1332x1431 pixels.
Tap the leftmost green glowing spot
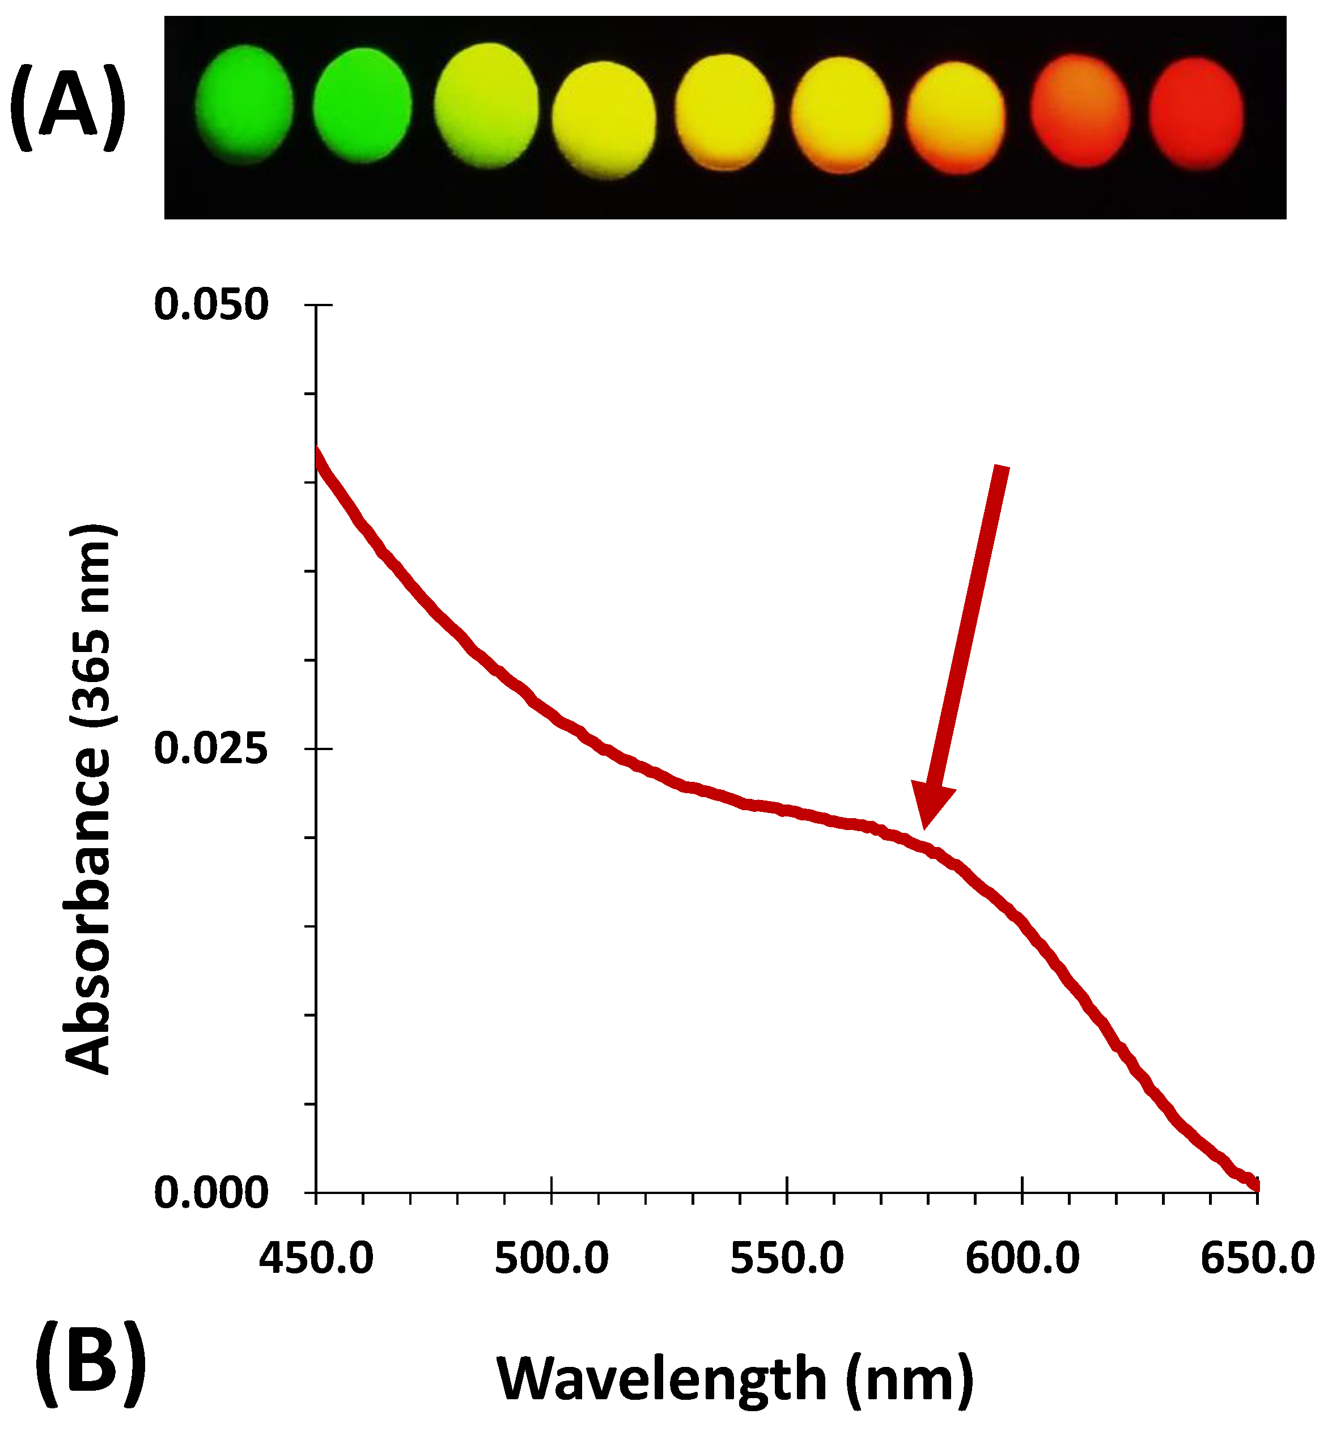point(245,104)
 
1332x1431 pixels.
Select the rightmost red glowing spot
point(1196,114)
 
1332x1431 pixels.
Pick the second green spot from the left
point(363,105)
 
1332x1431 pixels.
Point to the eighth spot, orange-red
point(1079,111)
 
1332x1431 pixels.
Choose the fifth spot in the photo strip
point(724,112)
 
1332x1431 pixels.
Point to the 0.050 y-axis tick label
point(211,304)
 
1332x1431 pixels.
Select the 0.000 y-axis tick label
point(211,1193)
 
